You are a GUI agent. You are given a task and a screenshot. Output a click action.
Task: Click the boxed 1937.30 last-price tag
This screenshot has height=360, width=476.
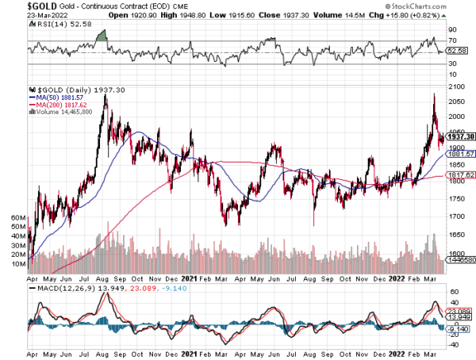pyautogui.click(x=459, y=136)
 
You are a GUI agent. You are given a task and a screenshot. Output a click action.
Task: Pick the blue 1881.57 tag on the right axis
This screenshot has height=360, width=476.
pyautogui.click(x=459, y=153)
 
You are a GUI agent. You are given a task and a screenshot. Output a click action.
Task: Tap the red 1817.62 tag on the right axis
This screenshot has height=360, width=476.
pyautogui.click(x=459, y=174)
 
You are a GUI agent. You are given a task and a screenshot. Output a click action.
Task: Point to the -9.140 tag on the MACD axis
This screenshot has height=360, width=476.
pyautogui.click(x=457, y=328)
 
